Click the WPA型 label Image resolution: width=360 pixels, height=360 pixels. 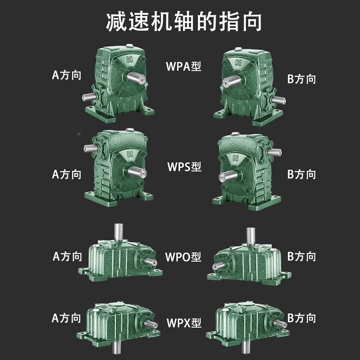click(183, 67)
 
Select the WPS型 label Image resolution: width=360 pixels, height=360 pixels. click(182, 166)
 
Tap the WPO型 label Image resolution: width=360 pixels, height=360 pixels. click(183, 257)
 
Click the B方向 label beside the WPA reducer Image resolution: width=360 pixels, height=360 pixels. click(301, 79)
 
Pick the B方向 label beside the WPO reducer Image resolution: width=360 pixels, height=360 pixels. click(301, 257)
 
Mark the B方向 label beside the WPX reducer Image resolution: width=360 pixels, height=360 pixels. click(301, 318)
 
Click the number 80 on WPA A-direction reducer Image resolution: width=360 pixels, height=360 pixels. click(130, 58)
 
